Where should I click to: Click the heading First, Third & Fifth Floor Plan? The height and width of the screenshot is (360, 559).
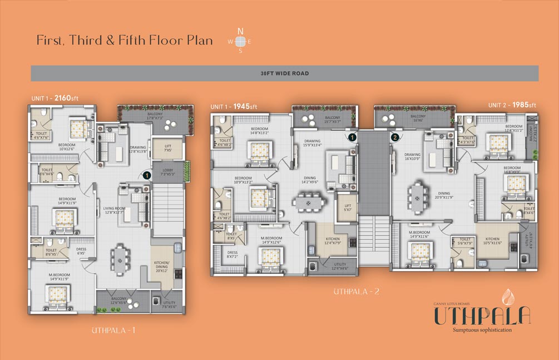(x=125, y=41)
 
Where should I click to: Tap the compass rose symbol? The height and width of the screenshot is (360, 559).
(x=240, y=41)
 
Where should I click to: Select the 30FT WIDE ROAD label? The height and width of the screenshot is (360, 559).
(x=284, y=73)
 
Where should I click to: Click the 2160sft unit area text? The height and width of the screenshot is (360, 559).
(x=66, y=98)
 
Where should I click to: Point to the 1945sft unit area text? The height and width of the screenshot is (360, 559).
(x=245, y=106)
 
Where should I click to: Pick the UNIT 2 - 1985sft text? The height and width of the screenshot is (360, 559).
(x=512, y=105)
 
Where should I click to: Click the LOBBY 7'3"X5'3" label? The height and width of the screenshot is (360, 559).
(x=168, y=172)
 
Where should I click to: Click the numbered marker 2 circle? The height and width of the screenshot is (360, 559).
(x=395, y=137)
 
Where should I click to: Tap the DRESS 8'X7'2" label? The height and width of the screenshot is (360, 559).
(x=232, y=255)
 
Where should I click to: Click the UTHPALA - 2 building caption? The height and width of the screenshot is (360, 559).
(x=356, y=291)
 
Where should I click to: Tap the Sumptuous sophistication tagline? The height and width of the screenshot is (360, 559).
(x=482, y=330)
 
